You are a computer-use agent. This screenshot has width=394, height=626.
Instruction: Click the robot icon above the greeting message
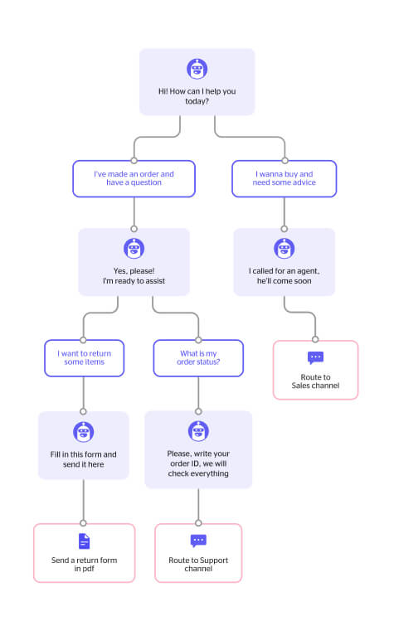197,69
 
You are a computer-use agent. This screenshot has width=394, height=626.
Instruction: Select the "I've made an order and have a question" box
134,178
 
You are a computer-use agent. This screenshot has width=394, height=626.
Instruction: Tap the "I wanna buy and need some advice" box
285,178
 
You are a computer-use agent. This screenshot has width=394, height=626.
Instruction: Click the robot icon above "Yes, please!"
134,248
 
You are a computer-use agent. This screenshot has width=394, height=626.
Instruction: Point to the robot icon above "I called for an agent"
285,248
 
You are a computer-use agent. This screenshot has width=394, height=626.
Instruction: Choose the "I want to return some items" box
85,358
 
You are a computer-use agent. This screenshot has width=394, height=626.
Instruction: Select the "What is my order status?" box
198,358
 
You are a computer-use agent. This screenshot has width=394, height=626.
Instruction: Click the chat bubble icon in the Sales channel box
315,357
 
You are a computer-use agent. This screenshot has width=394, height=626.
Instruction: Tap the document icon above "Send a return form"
85,541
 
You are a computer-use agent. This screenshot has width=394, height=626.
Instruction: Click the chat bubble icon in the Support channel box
198,541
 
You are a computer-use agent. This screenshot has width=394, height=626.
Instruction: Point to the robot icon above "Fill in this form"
84,432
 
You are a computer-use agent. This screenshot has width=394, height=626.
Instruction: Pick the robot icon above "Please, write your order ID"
198,431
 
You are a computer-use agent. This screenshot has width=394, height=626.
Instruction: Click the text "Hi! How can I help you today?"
197,96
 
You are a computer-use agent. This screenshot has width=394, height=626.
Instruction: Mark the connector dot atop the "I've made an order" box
134,161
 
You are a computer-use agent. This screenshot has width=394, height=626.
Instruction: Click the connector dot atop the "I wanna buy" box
285,161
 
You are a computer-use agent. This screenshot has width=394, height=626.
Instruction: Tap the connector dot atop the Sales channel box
315,339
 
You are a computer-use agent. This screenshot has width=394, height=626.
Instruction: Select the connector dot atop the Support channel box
198,523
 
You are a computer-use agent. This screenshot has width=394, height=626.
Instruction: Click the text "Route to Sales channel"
315,381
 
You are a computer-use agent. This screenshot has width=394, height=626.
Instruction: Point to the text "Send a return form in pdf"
85,564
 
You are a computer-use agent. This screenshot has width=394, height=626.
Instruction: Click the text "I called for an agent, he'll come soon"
285,276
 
